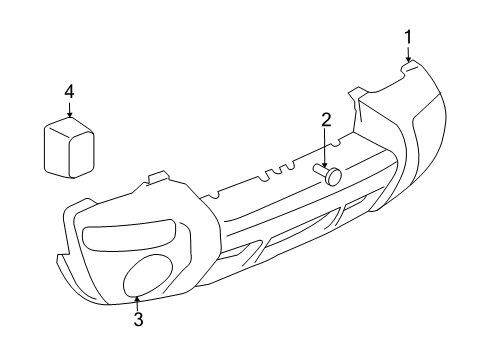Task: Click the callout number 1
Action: click(x=409, y=38)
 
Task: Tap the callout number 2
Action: click(x=326, y=121)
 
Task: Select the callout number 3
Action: click(x=139, y=320)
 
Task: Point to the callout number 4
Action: click(x=69, y=91)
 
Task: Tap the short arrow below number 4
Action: click(x=69, y=110)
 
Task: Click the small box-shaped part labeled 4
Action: click(x=68, y=147)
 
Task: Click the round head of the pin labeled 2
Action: click(x=333, y=176)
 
